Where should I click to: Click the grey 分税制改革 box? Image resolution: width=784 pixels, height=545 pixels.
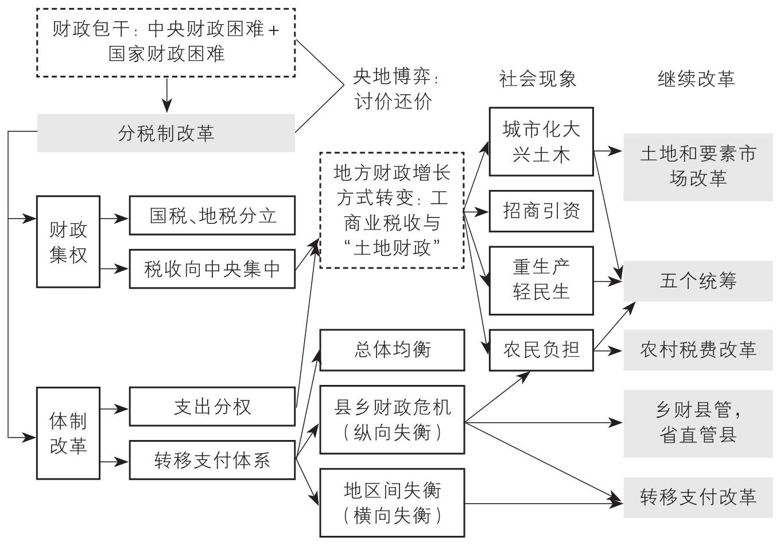(x=166, y=133)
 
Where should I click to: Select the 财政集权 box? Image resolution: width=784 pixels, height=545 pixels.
(x=68, y=242)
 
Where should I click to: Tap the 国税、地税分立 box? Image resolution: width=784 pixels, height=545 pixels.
(x=212, y=216)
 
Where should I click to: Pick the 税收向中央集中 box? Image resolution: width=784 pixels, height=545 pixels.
(x=212, y=269)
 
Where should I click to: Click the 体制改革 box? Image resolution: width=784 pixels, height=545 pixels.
(x=68, y=433)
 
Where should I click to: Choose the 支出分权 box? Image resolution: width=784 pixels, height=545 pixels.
(x=212, y=407)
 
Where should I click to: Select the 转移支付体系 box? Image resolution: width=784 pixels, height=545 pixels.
(x=212, y=460)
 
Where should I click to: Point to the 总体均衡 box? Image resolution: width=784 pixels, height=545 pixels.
(x=393, y=350)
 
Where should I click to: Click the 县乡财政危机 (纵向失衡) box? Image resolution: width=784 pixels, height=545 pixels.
(x=393, y=420)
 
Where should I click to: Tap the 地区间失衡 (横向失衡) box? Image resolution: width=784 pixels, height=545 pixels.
(x=393, y=503)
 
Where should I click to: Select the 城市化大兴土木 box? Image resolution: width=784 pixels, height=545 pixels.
(x=541, y=142)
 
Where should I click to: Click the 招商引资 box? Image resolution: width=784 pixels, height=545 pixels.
(x=541, y=211)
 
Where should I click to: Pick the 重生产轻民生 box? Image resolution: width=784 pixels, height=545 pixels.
(x=541, y=281)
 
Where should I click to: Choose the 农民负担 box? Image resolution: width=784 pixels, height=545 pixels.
(x=541, y=350)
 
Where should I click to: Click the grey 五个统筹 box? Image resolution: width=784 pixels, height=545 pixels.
(x=698, y=281)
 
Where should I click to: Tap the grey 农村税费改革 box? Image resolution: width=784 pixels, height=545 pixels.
(x=698, y=350)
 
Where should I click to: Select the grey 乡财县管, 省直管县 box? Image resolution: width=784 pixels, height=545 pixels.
(x=698, y=423)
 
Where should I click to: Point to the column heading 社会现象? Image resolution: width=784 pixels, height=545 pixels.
(x=538, y=79)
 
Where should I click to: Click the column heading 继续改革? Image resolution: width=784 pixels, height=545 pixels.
(x=696, y=79)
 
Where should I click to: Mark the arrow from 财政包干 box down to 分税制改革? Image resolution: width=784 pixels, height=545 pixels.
(x=167, y=95)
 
